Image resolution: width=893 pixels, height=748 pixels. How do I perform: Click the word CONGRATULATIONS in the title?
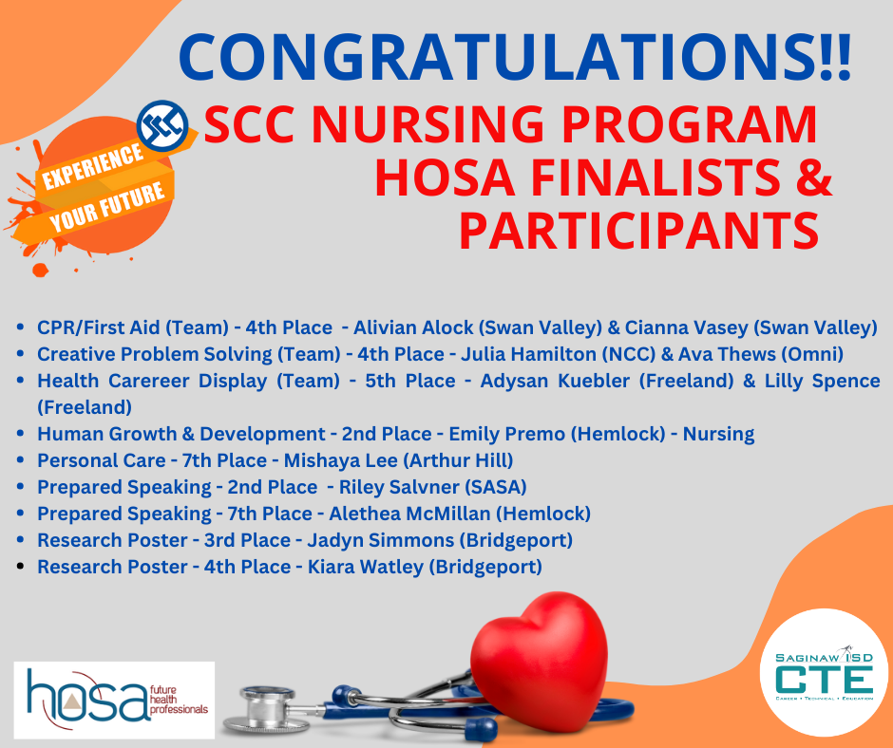click(494, 57)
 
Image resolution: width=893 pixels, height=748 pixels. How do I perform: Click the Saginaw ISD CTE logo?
click(824, 673)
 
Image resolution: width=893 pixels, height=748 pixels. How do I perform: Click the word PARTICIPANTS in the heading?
click(637, 232)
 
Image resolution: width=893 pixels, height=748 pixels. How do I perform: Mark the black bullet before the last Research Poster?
click(22, 567)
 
